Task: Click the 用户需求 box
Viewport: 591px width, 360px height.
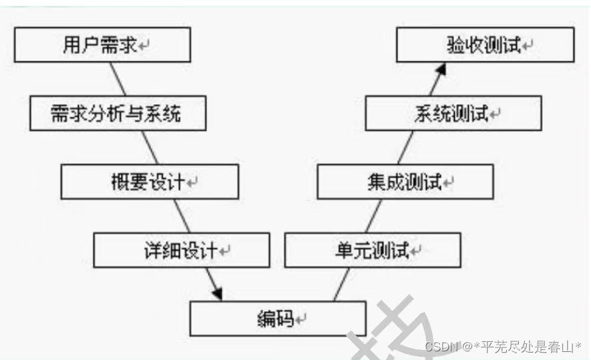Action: pyautogui.click(x=102, y=45)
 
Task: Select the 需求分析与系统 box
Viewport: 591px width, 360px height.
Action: pyautogui.click(x=118, y=114)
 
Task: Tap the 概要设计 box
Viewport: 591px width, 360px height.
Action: pyautogui.click(x=150, y=182)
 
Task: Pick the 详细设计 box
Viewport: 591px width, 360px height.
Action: pyautogui.click(x=182, y=250)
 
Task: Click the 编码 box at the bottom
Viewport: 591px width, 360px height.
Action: pyautogui.click(x=278, y=319)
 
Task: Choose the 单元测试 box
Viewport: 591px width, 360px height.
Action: pyautogui.click(x=373, y=250)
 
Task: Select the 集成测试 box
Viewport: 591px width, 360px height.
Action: pyautogui.click(x=405, y=182)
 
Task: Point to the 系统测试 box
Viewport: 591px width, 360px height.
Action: pyautogui.click(x=453, y=114)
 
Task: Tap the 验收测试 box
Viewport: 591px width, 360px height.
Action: pyautogui.click(x=485, y=45)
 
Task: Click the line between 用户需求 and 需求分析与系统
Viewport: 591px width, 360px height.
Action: pyautogui.click(x=118, y=79)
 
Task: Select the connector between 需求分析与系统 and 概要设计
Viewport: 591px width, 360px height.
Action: pyautogui.click(x=150, y=148)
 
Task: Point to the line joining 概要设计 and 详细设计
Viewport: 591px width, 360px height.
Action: pyautogui.click(x=182, y=216)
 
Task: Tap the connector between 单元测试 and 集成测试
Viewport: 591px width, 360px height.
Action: pyautogui.click(x=374, y=216)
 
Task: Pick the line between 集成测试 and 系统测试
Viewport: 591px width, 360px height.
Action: pyautogui.click(x=405, y=148)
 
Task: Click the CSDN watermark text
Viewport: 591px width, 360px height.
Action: pyautogui.click(x=503, y=347)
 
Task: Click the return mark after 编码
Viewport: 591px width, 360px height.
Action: pyautogui.click(x=301, y=320)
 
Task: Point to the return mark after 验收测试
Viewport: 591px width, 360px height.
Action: pyautogui.click(x=528, y=46)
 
